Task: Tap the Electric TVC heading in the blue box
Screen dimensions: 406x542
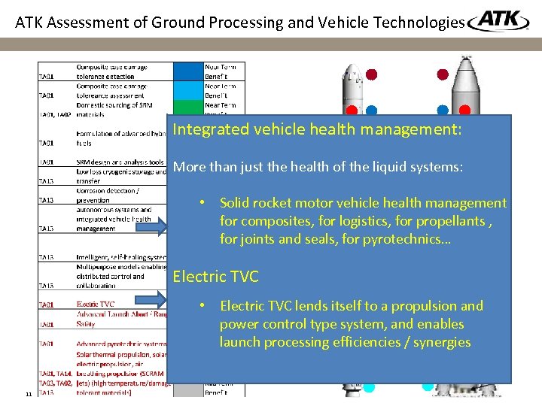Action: click(x=215, y=277)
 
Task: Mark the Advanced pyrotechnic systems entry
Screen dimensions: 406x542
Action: click(x=120, y=344)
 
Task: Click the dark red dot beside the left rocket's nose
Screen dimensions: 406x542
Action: click(x=372, y=74)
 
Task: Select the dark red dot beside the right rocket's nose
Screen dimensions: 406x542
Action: click(x=443, y=74)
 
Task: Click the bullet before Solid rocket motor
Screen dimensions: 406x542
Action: click(x=202, y=204)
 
